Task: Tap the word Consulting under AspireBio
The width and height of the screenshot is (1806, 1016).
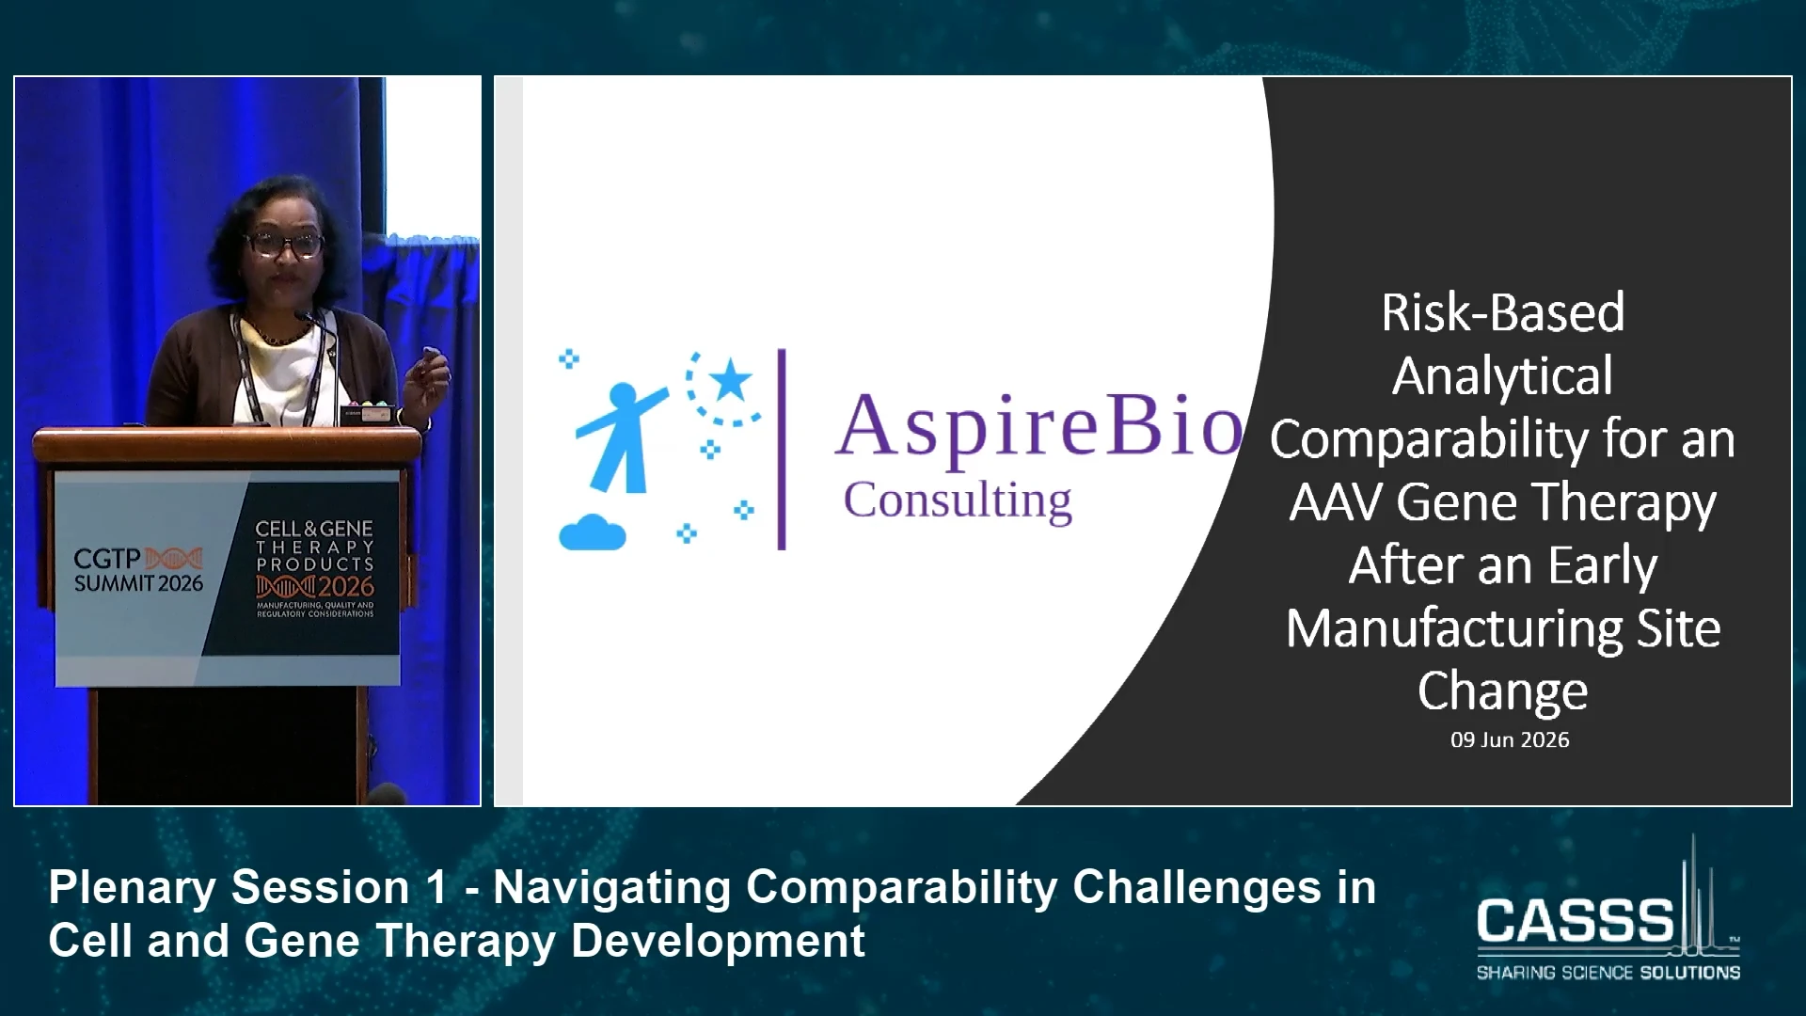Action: (x=958, y=500)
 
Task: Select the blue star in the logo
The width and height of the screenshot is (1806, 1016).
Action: (x=730, y=382)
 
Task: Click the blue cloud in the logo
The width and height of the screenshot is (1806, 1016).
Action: (x=593, y=532)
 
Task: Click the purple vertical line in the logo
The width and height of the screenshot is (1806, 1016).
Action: (x=781, y=449)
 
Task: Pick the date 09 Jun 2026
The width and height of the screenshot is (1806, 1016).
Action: (x=1510, y=740)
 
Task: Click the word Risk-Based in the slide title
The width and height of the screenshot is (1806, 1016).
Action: (x=1502, y=312)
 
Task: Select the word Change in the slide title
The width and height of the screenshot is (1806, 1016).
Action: (x=1502, y=692)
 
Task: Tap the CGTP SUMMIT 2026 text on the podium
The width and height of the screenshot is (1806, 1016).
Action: (x=138, y=570)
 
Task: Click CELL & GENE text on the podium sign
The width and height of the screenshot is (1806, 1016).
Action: (x=314, y=529)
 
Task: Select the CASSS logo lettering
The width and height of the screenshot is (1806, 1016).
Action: (x=1576, y=919)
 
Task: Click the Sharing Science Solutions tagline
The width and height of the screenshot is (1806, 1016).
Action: (x=1608, y=972)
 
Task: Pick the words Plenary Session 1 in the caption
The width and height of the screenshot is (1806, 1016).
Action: (x=248, y=887)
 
